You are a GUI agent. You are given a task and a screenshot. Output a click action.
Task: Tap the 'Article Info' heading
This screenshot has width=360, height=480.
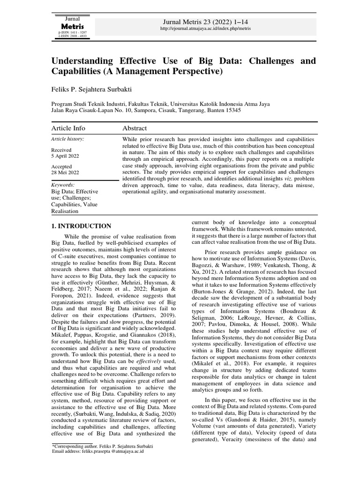pos(69,128)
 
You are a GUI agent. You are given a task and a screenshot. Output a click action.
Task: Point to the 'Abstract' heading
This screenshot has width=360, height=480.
pos(135,128)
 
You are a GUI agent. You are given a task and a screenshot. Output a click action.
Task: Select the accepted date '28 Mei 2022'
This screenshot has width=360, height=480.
pos(64,172)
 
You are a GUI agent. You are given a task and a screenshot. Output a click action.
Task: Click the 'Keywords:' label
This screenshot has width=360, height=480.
pos(63,185)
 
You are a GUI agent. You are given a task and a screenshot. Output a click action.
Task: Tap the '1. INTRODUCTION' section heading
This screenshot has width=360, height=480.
pos(81,226)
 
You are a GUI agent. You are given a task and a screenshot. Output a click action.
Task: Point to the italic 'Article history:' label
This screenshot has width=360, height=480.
pos(67,139)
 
